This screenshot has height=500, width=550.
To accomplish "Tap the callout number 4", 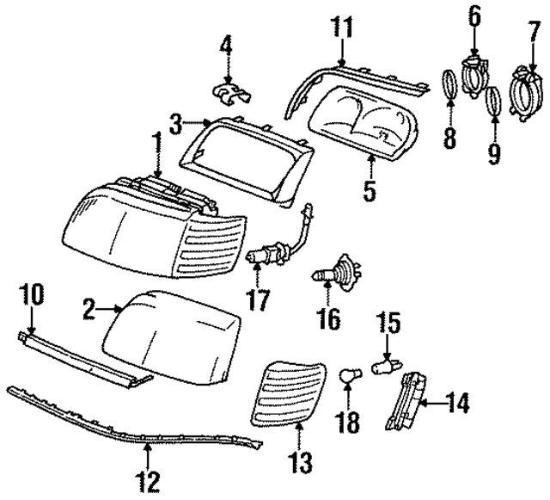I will pyautogui.click(x=226, y=43).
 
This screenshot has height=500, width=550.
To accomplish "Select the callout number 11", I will pyautogui.click(x=343, y=28).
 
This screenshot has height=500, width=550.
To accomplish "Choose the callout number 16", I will pyautogui.click(x=329, y=319).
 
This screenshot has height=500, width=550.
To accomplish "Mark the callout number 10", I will pyautogui.click(x=30, y=295).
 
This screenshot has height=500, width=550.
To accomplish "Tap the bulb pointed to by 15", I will pyautogui.click(x=386, y=368).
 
